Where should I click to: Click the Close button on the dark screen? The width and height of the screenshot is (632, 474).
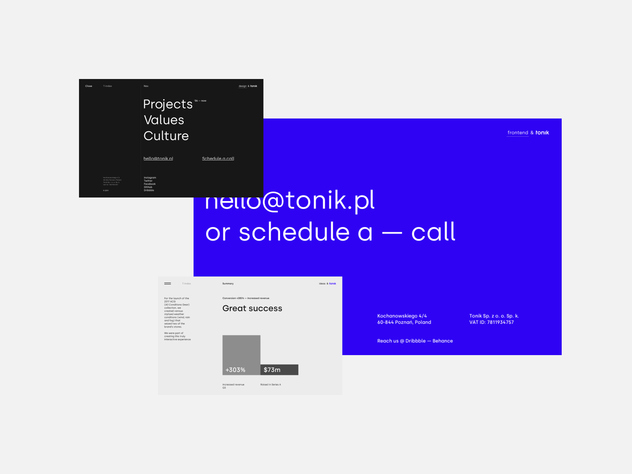tap(88, 86)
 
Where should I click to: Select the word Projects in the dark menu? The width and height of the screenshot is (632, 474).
tap(168, 104)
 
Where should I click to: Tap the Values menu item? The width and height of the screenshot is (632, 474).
tap(164, 120)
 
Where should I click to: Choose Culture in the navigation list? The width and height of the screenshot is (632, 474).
tap(166, 136)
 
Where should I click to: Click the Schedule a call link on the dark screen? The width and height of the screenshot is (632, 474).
tap(218, 158)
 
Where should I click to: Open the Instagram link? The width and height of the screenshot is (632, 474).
tap(150, 178)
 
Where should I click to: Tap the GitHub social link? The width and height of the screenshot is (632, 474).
tap(148, 187)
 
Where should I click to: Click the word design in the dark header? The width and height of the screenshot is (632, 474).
tap(243, 86)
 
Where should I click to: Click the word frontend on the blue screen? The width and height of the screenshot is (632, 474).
tap(518, 133)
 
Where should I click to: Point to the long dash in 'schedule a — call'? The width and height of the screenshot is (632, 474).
tap(392, 233)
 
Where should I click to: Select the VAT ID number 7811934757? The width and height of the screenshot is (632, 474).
tap(500, 322)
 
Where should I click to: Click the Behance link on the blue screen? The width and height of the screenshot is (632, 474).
tap(442, 341)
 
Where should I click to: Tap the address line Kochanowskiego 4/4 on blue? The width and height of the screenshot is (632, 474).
tap(402, 316)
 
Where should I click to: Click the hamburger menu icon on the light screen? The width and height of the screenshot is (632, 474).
tap(167, 284)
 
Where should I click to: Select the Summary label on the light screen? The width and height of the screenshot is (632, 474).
tap(228, 284)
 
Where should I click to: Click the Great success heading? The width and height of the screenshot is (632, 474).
tap(252, 308)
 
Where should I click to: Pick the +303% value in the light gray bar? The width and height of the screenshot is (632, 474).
tap(235, 370)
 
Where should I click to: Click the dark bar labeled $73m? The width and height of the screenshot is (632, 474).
tap(279, 370)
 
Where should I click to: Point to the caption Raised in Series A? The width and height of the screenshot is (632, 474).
tap(271, 385)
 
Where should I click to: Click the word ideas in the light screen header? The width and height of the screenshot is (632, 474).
tap(322, 284)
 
